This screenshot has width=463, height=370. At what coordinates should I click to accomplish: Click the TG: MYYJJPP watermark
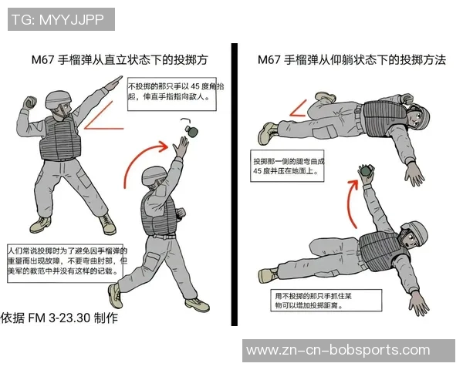(x=58, y=19)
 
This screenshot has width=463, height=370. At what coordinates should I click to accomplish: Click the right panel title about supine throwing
(x=351, y=59)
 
